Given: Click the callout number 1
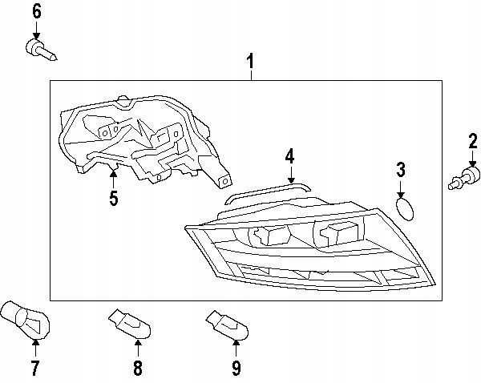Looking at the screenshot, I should pyautogui.click(x=251, y=61).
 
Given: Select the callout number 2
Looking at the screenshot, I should pyautogui.click(x=473, y=144).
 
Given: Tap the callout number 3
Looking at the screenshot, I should pyautogui.click(x=401, y=169).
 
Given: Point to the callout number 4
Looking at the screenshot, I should pyautogui.click(x=289, y=155).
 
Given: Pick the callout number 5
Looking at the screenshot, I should pyautogui.click(x=113, y=197).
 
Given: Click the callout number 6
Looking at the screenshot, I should pyautogui.click(x=36, y=11).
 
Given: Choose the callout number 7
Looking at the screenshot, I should pyautogui.click(x=34, y=369).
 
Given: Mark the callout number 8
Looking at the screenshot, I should pyautogui.click(x=137, y=369).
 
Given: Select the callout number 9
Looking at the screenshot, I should pyautogui.click(x=236, y=369).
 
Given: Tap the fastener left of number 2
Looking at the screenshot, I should pyautogui.click(x=463, y=178).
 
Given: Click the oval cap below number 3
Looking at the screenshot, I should pyautogui.click(x=406, y=210).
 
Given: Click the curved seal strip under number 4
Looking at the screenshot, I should pyautogui.click(x=267, y=190).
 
